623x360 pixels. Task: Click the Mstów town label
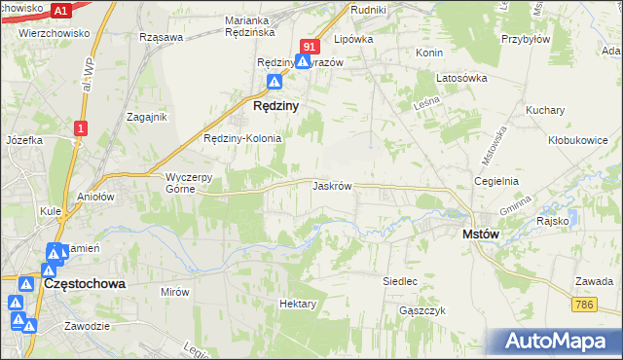(480, 234)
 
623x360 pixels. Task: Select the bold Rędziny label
(275, 105)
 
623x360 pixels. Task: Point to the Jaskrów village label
(332, 185)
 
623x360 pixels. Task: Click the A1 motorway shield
(60, 11)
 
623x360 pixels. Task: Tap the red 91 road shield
(310, 46)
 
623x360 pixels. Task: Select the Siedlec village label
(399, 281)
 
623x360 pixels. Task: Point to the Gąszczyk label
(421, 310)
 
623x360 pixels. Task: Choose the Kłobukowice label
(577, 139)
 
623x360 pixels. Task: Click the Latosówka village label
(461, 79)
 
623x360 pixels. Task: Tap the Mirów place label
(174, 292)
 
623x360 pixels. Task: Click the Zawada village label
(593, 281)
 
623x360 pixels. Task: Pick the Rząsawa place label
(162, 37)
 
